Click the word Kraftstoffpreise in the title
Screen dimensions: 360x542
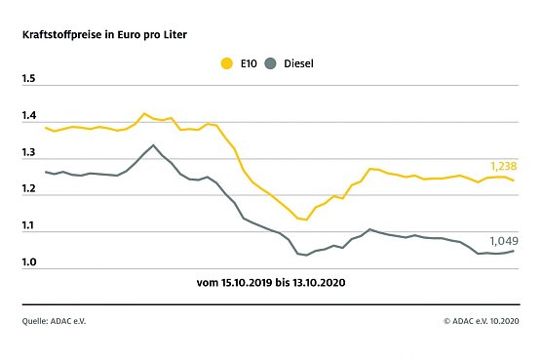click(59, 34)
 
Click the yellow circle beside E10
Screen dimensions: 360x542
click(227, 64)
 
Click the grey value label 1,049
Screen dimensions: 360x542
click(501, 239)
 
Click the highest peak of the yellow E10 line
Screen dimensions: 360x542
click(144, 114)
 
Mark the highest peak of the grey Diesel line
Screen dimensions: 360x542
click(153, 145)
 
